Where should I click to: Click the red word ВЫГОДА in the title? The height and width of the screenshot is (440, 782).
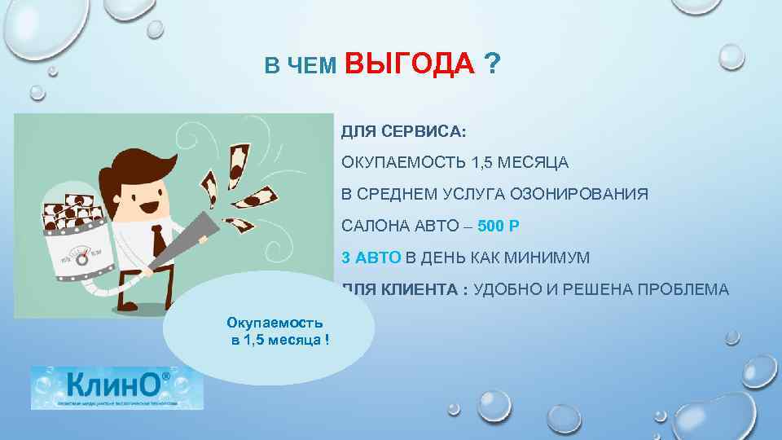click(410, 64)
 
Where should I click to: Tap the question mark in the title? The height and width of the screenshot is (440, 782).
click(492, 64)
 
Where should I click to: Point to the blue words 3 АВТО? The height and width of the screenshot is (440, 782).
click(371, 257)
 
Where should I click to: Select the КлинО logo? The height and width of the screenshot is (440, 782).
click(117, 387)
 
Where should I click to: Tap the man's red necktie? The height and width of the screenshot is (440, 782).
click(155, 241)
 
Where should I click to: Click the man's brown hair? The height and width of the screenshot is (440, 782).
click(138, 162)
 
